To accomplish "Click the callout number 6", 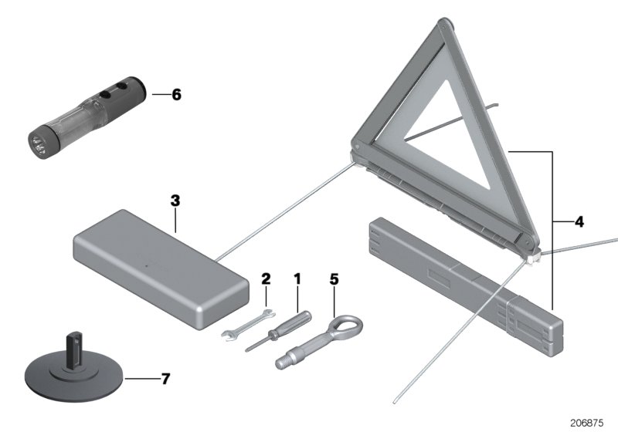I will [x=176, y=96].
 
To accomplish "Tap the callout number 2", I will [x=265, y=278].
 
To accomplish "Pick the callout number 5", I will [x=334, y=278].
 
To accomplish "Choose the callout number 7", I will [x=165, y=380].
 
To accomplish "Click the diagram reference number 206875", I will [x=589, y=423].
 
